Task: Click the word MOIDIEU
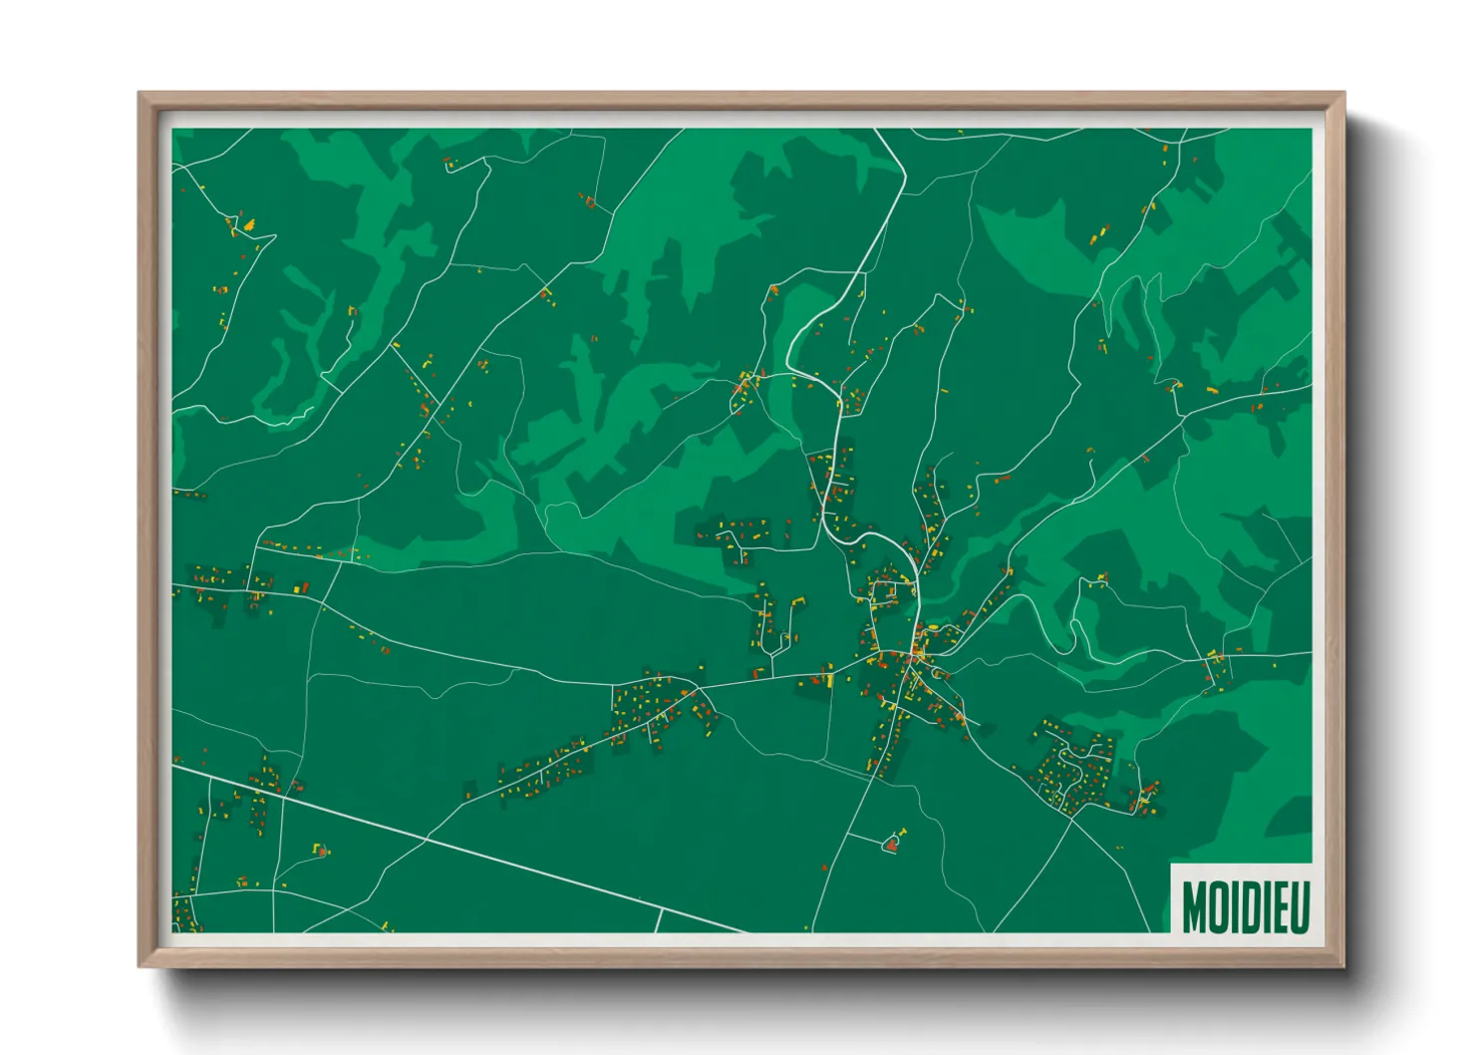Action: [1245, 907]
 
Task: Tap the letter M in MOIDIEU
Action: [1194, 907]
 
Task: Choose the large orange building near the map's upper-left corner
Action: [247, 225]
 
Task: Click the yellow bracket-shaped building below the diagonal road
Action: [320, 850]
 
